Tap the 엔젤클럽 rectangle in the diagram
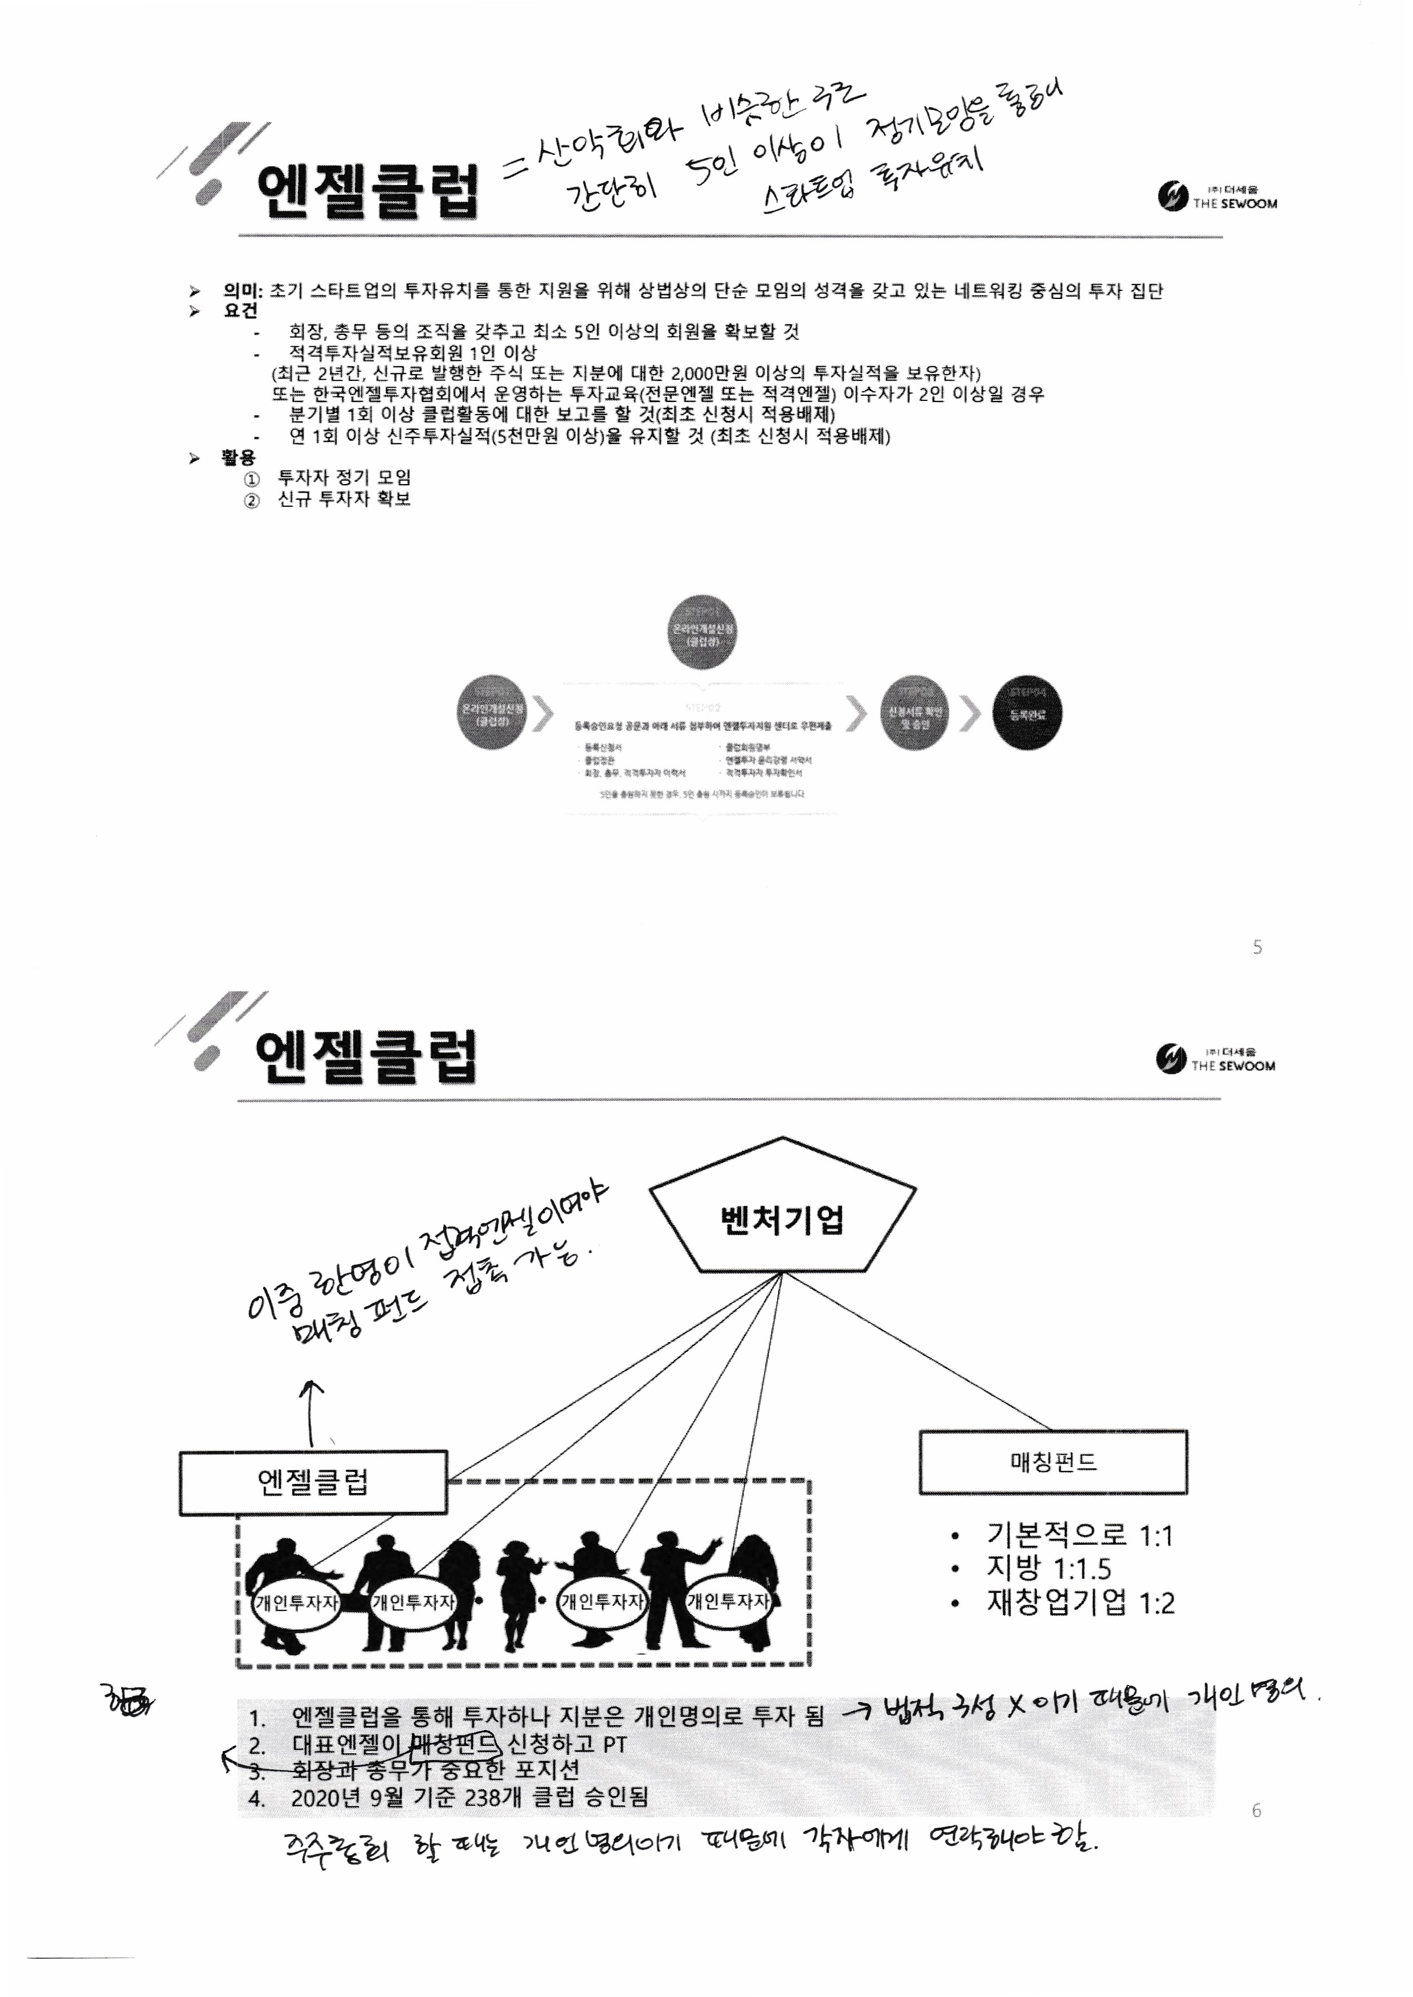click(x=313, y=1482)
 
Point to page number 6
click(x=1256, y=1811)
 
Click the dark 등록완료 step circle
click(x=1027, y=715)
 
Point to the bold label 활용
click(x=238, y=457)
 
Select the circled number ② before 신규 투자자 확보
click(x=251, y=500)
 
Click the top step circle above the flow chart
click(x=702, y=632)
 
